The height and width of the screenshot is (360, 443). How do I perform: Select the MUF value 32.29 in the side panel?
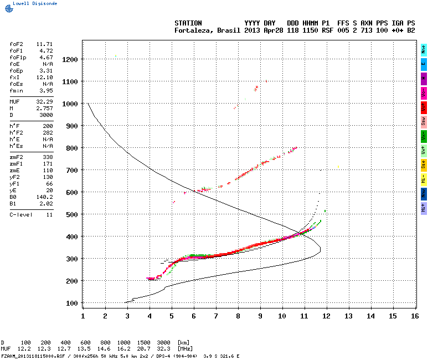pyautogui.click(x=44, y=101)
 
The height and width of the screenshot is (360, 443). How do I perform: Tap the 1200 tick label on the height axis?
pyautogui.click(x=70, y=59)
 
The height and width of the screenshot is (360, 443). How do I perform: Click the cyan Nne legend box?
pyautogui.click(x=424, y=49)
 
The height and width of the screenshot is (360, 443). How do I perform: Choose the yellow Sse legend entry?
pyautogui.click(x=424, y=164)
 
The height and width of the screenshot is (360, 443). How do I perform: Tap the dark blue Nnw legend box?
pyautogui.click(x=424, y=193)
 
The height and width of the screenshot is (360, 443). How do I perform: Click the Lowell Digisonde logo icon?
pyautogui.click(x=6, y=3)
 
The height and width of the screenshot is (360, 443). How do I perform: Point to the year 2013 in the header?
pyautogui.click(x=253, y=30)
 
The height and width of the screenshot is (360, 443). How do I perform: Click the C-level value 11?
pyautogui.click(x=49, y=214)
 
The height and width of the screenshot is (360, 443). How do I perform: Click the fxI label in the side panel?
pyautogui.click(x=15, y=78)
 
